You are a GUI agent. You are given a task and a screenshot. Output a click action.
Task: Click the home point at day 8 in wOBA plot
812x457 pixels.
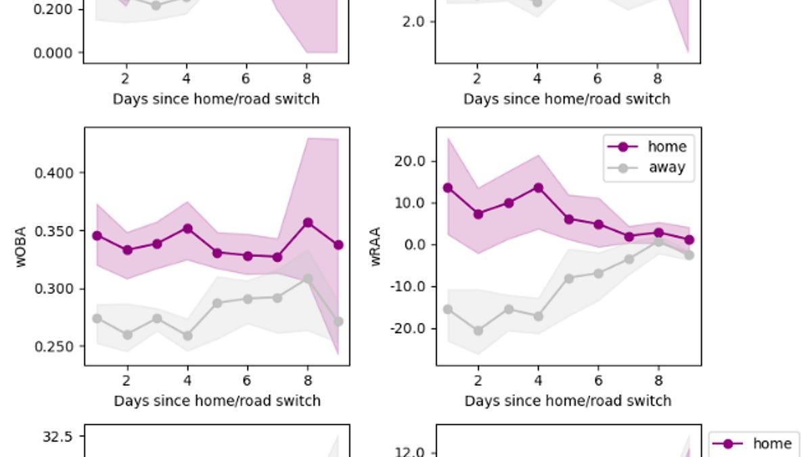pos(308,223)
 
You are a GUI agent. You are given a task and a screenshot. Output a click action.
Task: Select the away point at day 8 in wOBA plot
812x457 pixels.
pos(308,279)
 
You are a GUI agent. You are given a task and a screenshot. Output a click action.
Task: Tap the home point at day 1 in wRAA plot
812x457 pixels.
pos(448,188)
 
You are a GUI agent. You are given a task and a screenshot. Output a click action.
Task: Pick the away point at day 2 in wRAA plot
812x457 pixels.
pos(478,331)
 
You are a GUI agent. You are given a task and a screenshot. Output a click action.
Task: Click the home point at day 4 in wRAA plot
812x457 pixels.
pos(539,188)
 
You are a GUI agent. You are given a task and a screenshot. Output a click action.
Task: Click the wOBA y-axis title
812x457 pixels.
pos(22,246)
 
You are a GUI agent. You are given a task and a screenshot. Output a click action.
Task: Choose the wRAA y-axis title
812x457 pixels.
pos(377,246)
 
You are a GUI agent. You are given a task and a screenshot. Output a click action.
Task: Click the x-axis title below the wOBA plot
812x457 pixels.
pos(217,401)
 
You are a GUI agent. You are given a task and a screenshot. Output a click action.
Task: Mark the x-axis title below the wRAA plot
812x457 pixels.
pos(568,401)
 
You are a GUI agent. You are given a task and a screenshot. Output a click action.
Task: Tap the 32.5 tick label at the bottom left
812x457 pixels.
pos(57,437)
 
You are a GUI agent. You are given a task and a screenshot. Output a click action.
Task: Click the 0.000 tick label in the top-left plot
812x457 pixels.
pos(53,53)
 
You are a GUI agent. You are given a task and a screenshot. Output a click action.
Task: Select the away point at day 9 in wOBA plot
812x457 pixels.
pos(338,322)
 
